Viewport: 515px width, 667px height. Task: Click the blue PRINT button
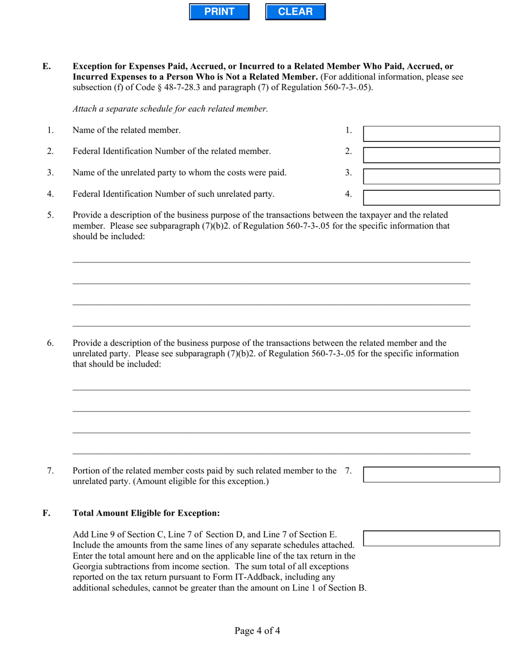coord(219,12)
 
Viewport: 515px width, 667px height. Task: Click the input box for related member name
coord(431,134)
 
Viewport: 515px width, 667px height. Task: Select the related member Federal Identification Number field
coord(431,155)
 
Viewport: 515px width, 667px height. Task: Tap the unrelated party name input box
coord(431,176)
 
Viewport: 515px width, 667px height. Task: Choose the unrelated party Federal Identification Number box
coord(431,197)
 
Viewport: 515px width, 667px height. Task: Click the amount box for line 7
coord(431,474)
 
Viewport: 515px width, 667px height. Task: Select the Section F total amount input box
coord(431,538)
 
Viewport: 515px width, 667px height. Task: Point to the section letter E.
coord(47,67)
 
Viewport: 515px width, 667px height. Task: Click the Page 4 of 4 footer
coord(257,631)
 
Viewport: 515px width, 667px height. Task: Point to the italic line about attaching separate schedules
coord(170,109)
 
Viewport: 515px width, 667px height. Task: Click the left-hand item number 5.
coord(50,215)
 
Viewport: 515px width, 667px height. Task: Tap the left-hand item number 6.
coord(50,343)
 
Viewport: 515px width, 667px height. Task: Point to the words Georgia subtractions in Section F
coord(110,566)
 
